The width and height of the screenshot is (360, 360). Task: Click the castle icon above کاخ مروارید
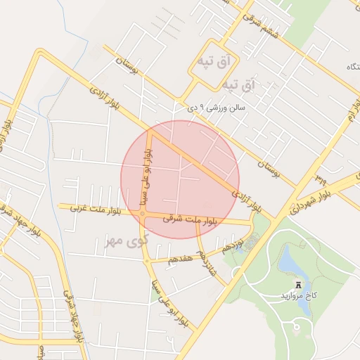pyautogui.click(x=298, y=284)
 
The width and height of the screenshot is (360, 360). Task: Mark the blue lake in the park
pyautogui.click(x=289, y=262)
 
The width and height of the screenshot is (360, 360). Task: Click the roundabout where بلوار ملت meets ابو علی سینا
pyautogui.click(x=143, y=214)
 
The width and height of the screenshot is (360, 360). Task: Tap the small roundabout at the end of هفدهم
pyautogui.click(x=147, y=261)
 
